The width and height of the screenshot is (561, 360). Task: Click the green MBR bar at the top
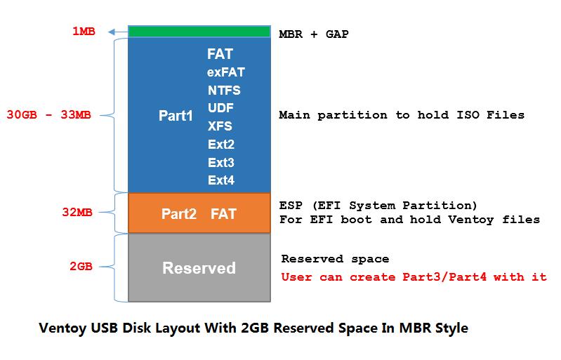click(199, 32)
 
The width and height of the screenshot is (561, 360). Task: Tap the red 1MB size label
click(84, 32)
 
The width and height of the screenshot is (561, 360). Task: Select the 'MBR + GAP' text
click(314, 34)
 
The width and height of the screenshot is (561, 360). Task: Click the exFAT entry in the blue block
click(226, 72)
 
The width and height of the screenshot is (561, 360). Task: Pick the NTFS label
click(224, 91)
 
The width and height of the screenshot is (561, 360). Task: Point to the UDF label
click(220, 108)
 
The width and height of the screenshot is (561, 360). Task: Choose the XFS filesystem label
click(220, 126)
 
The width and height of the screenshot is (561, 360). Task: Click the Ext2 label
click(221, 145)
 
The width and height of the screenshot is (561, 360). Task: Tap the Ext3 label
click(221, 163)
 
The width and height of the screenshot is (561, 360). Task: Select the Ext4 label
click(221, 180)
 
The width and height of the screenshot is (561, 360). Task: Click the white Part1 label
click(176, 116)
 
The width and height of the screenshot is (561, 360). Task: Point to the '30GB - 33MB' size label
click(48, 115)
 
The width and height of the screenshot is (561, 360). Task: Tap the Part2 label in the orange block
click(179, 214)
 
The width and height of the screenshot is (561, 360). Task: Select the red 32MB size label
click(77, 213)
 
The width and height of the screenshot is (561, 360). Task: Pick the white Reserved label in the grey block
click(199, 268)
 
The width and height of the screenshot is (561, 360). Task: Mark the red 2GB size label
click(81, 267)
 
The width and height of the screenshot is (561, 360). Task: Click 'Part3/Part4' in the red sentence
click(444, 277)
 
